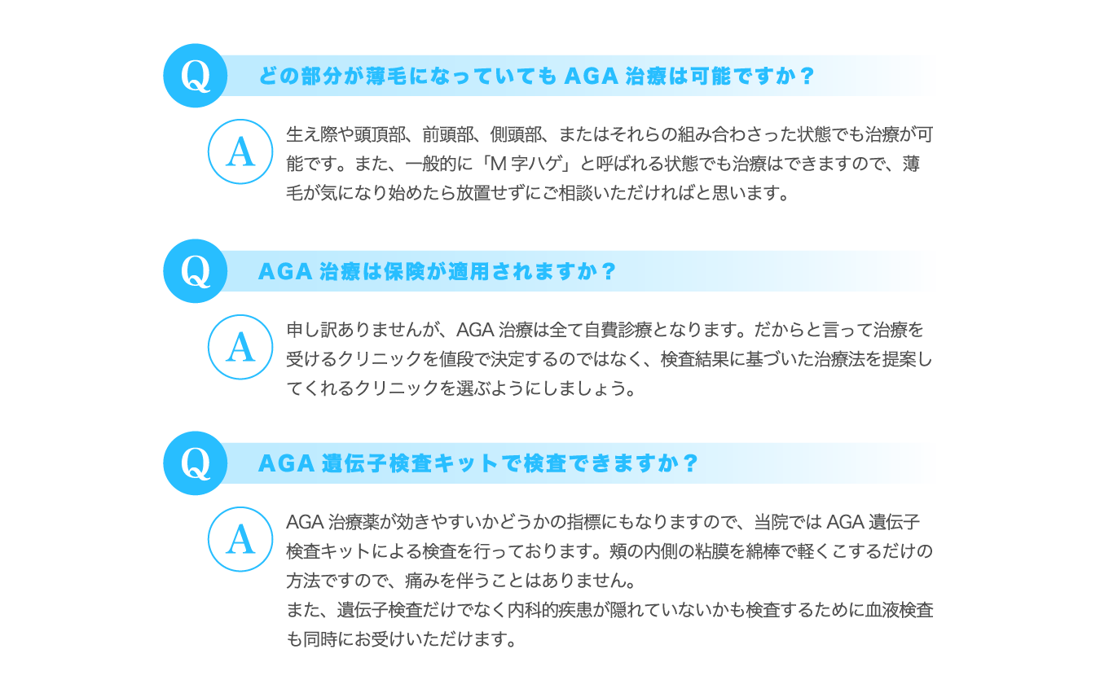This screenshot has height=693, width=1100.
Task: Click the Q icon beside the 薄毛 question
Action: pos(196,76)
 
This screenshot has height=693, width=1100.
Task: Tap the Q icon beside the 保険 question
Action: pos(196,271)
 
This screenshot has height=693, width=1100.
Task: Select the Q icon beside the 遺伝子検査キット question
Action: pos(196,463)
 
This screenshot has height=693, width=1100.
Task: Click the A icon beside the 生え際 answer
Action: pos(240,151)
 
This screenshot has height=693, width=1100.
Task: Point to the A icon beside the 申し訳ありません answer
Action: pos(240,347)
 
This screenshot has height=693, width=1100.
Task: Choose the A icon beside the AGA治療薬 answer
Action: pos(240,539)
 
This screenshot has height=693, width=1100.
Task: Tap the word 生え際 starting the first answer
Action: pos(311,134)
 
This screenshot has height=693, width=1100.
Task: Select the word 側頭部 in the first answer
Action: pos(516,134)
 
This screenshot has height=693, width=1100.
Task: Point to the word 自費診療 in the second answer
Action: pos(618,329)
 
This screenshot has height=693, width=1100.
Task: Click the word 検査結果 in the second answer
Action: pos(694,359)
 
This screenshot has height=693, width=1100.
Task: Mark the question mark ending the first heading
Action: pos(807,76)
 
